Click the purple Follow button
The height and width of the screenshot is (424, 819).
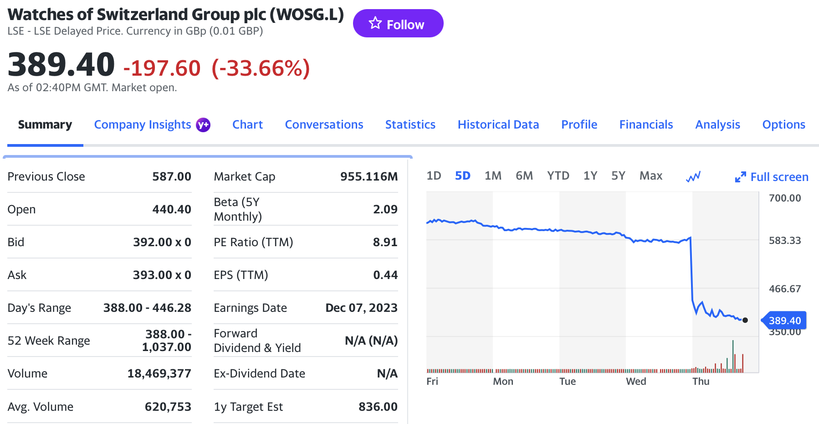[x=398, y=24]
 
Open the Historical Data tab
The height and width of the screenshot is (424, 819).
[x=498, y=124]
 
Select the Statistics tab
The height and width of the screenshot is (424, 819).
[x=410, y=124]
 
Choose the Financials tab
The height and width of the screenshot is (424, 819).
[x=645, y=124]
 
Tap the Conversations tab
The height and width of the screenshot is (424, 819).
[x=324, y=124]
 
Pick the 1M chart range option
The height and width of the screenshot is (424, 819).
[x=493, y=176]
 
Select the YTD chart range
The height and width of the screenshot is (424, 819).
[x=558, y=176]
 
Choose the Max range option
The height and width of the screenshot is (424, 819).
[x=650, y=176]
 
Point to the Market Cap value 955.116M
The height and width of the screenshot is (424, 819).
[x=369, y=176]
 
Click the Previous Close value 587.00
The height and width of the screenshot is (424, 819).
[x=172, y=176]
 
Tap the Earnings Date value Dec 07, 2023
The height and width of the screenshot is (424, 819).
[x=361, y=308]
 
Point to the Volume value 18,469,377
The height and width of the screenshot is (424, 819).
[x=159, y=373]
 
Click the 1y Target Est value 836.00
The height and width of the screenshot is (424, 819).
[x=378, y=407]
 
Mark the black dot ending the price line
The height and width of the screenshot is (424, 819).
[x=745, y=320]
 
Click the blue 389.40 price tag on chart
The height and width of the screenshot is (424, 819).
[x=784, y=321]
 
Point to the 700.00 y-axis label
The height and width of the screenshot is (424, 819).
[x=784, y=198]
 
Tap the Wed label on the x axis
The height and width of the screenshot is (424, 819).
[x=636, y=382]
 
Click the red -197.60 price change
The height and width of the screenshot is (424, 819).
[x=162, y=68]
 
